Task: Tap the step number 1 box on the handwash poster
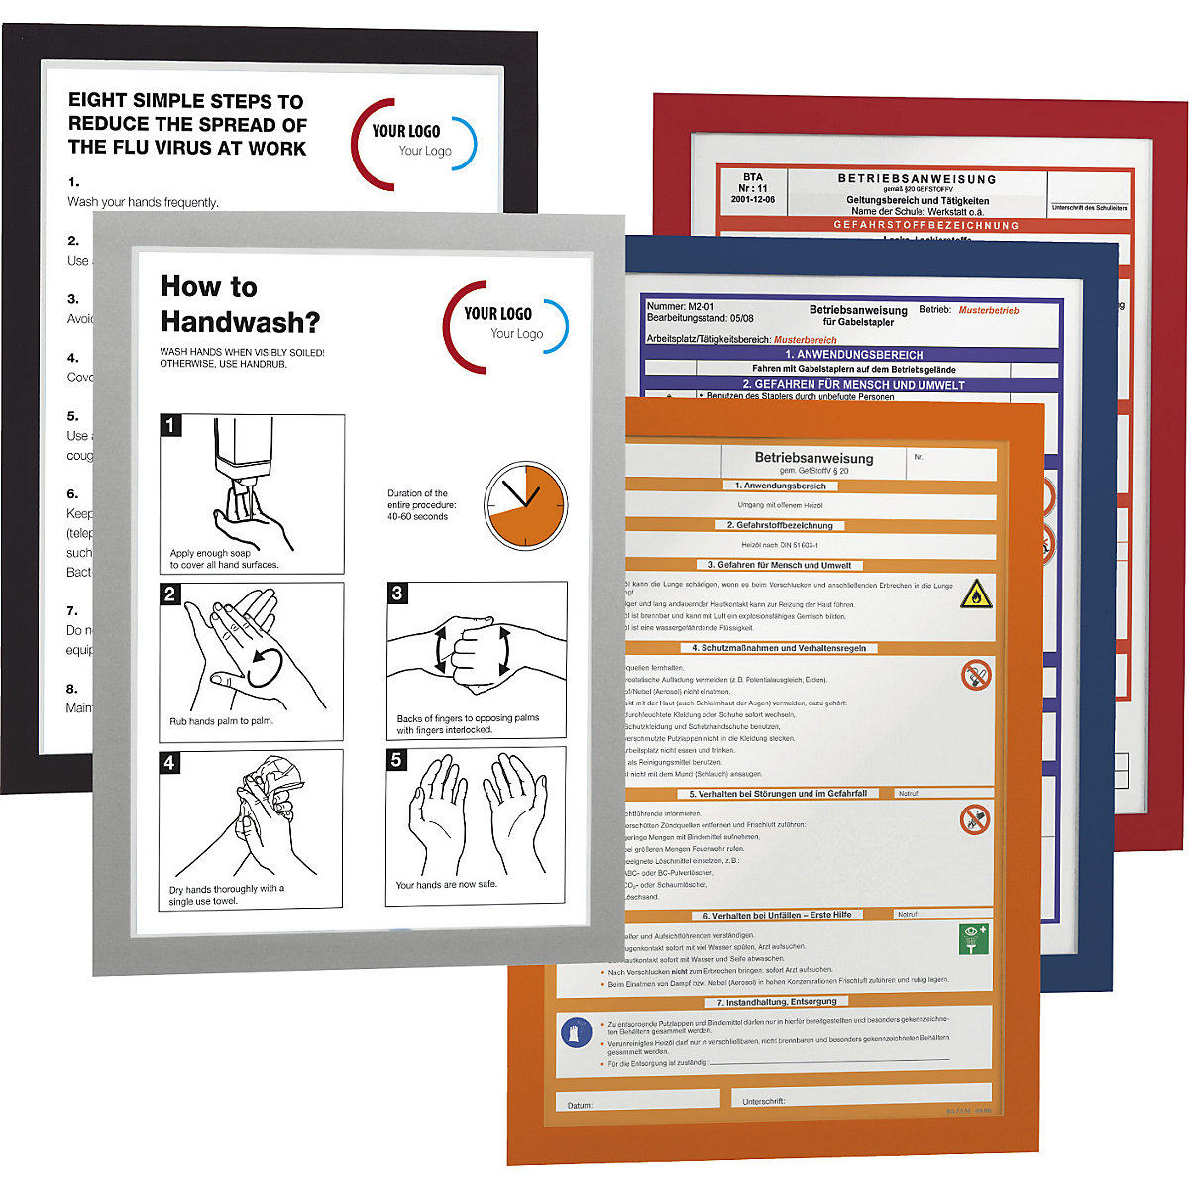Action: coord(171,426)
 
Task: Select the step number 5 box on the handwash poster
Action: coord(397,760)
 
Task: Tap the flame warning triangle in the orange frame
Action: coord(976,594)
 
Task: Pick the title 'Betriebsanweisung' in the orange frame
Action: coord(813,458)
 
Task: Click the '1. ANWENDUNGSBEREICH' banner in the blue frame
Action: coord(853,354)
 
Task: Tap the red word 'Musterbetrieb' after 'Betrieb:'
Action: coord(988,310)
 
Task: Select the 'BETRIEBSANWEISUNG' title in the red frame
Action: coord(917,179)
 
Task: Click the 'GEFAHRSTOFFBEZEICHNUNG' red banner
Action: coord(925,225)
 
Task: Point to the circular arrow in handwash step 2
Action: coord(266,666)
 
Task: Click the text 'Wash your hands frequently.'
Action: coord(143,202)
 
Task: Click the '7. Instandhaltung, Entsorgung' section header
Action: coord(777,1002)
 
